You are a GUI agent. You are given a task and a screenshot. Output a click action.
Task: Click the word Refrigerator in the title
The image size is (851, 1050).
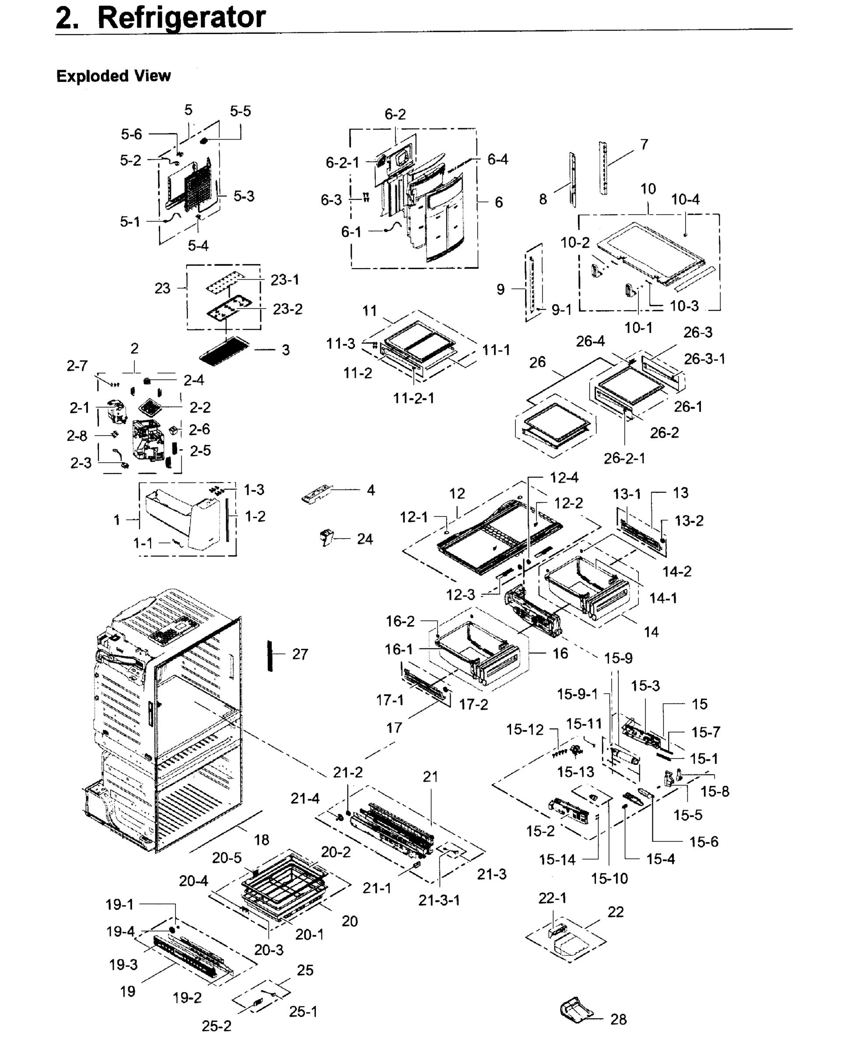[x=182, y=17]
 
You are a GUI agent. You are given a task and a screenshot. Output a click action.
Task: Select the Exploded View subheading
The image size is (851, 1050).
[x=113, y=76]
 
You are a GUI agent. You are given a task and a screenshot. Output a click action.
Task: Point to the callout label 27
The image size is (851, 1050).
[x=300, y=654]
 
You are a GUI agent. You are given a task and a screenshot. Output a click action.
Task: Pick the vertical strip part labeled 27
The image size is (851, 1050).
[x=270, y=655]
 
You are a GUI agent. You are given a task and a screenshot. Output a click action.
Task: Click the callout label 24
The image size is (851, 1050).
[x=365, y=539]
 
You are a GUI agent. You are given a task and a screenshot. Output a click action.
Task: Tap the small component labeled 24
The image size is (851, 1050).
[x=326, y=537]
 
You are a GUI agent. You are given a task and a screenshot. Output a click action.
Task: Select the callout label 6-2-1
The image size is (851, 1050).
[x=342, y=162]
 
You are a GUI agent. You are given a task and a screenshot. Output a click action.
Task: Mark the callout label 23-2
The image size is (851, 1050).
[x=287, y=309]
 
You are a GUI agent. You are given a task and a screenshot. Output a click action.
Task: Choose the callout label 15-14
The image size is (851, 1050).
[x=557, y=859]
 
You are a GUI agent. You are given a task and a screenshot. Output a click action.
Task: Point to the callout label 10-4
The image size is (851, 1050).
[x=685, y=199]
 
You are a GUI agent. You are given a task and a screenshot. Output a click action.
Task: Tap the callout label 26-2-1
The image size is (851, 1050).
[x=624, y=458]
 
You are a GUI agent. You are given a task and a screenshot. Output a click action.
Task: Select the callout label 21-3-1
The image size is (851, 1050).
[x=439, y=900]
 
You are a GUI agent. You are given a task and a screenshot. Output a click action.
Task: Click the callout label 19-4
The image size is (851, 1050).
[x=120, y=931]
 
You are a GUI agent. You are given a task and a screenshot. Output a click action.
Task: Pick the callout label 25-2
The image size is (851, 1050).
[x=216, y=1026]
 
